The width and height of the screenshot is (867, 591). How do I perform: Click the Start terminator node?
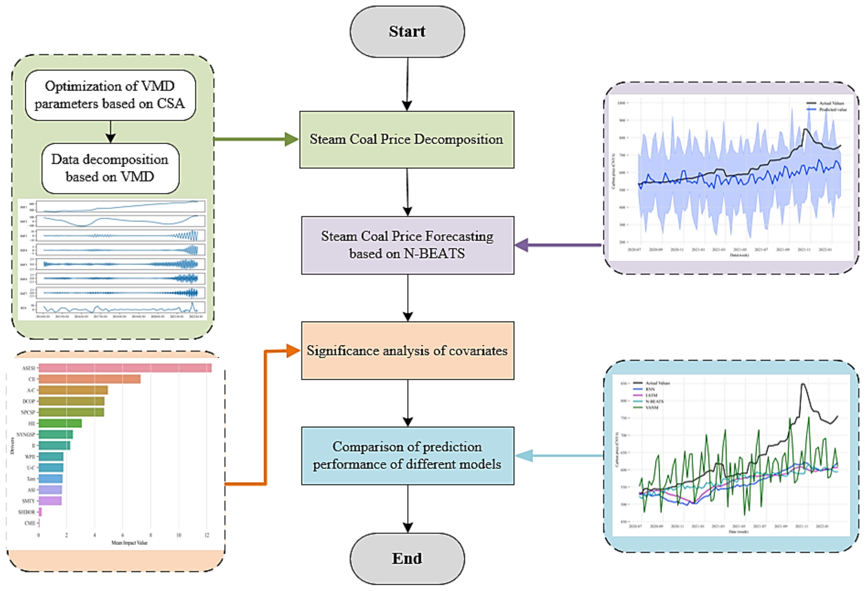click(x=407, y=32)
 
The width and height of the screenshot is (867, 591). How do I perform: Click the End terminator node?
click(x=407, y=558)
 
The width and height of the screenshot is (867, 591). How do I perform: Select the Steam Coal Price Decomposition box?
click(x=407, y=140)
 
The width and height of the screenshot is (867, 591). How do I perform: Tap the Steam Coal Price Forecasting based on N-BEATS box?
click(x=407, y=245)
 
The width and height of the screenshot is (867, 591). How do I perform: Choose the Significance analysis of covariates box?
click(x=407, y=350)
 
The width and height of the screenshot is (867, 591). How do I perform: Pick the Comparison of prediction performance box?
click(x=407, y=456)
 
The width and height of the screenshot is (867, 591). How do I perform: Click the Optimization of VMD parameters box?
click(x=110, y=95)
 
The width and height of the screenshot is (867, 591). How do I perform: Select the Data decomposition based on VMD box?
click(x=110, y=168)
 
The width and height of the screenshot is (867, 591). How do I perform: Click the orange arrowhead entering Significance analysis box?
click(x=293, y=350)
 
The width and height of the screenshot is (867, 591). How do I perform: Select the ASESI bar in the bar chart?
click(x=125, y=368)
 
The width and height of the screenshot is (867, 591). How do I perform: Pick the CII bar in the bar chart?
click(x=90, y=379)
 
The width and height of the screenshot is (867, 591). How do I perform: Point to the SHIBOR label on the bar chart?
click(x=27, y=512)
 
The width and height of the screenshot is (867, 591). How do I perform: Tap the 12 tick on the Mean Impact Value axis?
click(x=207, y=535)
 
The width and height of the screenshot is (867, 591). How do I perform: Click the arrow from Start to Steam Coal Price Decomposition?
click(x=407, y=84)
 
